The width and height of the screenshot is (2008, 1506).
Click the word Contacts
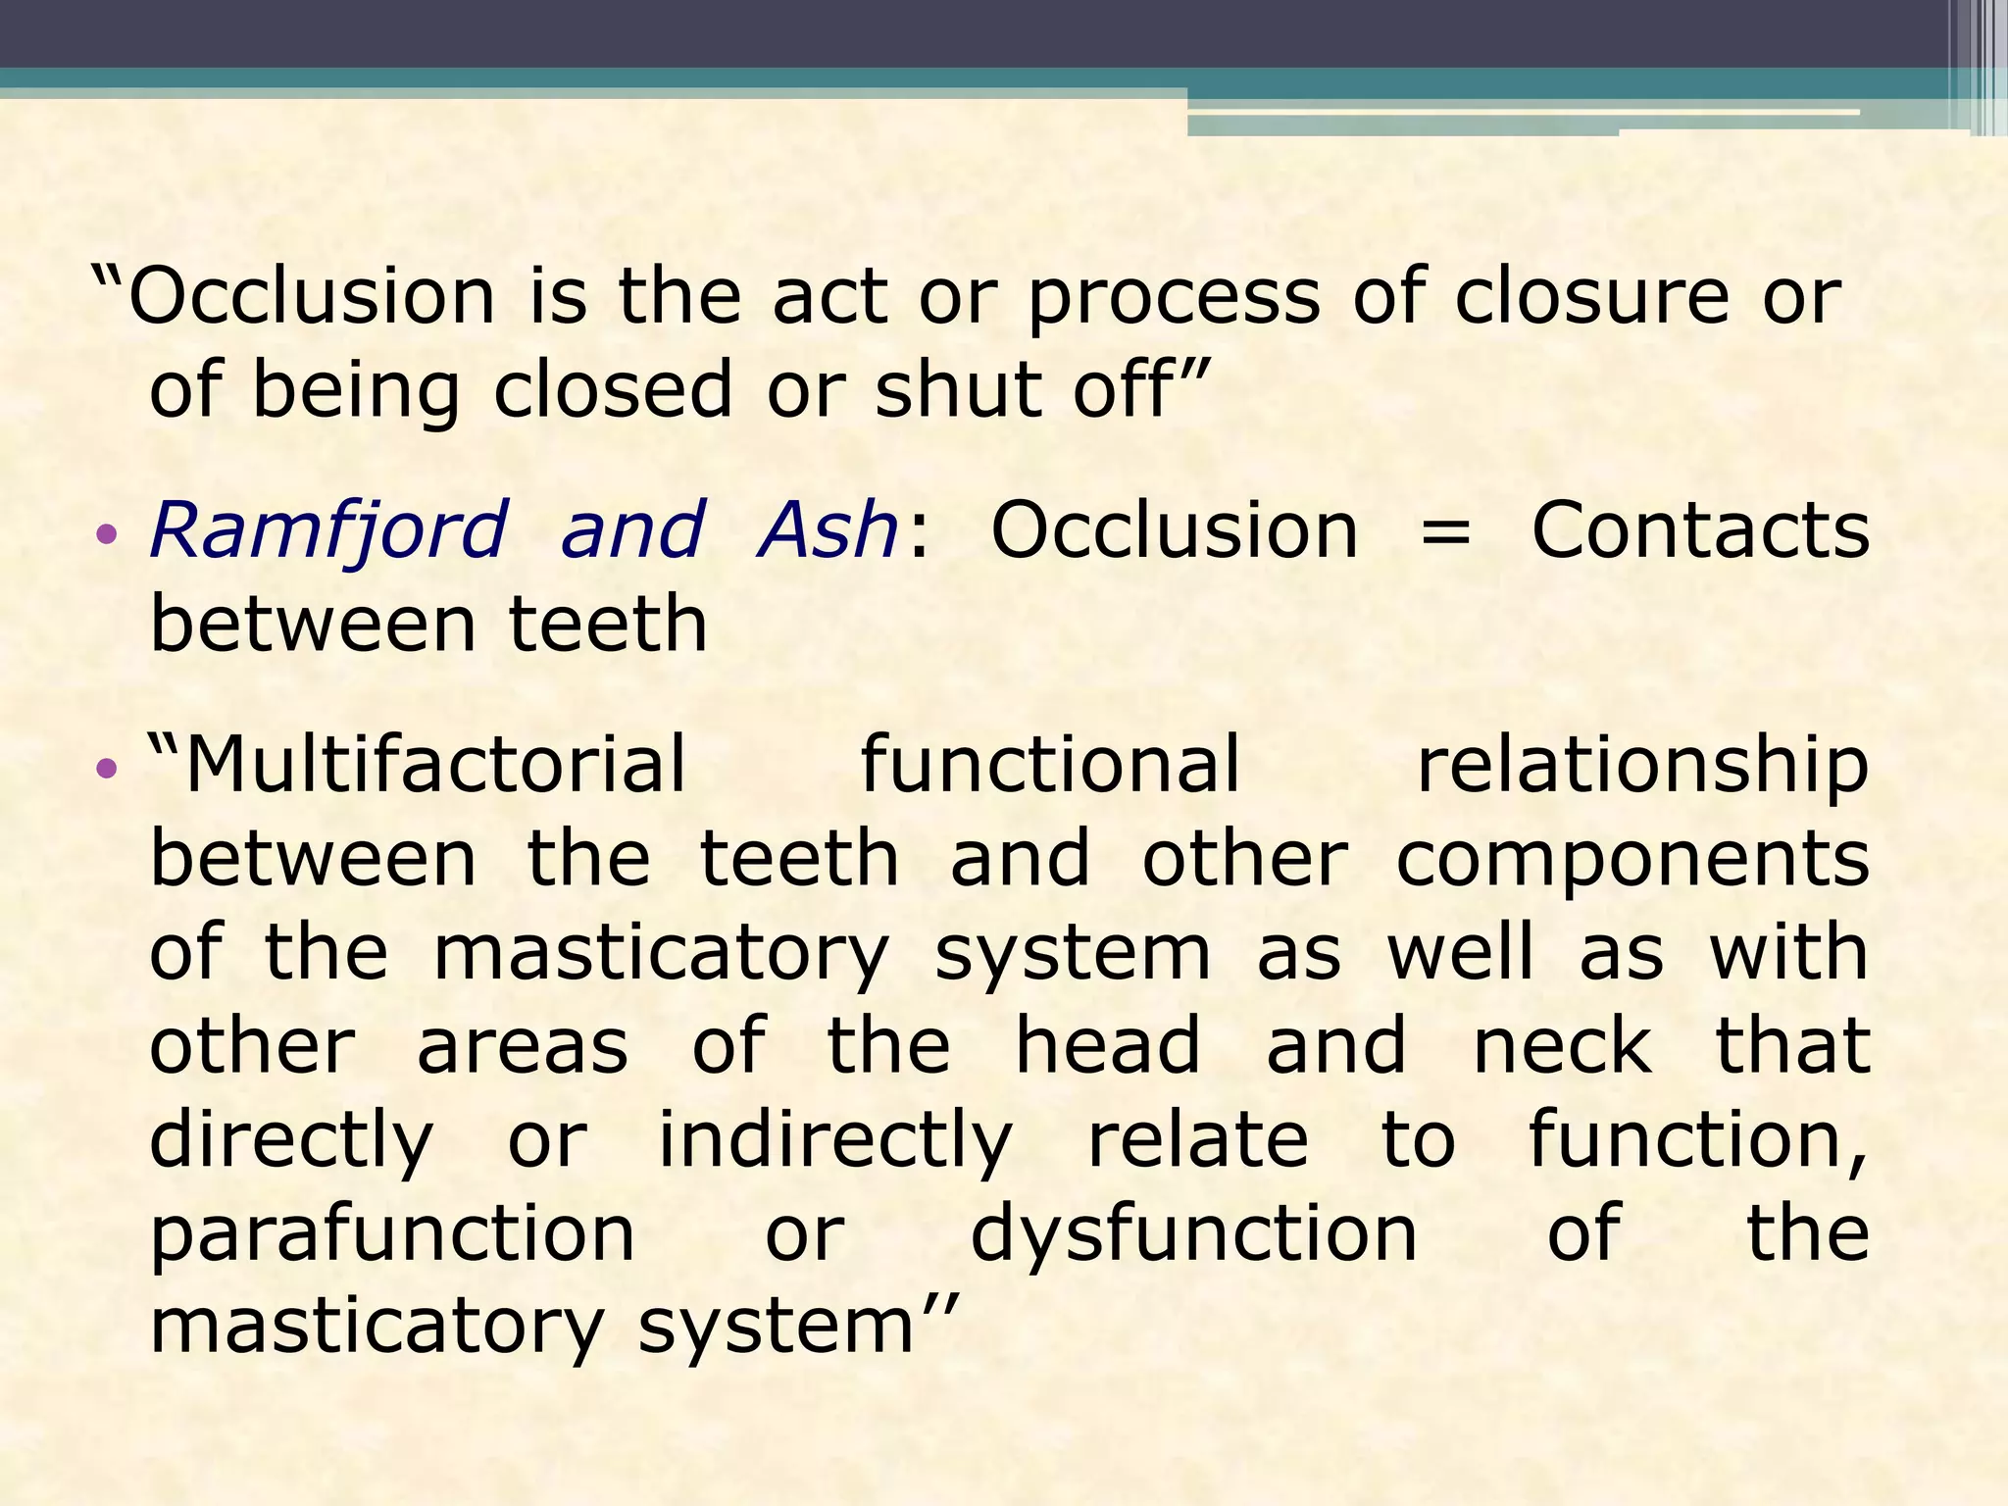tap(1700, 530)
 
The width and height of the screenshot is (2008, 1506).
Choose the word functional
tap(1050, 765)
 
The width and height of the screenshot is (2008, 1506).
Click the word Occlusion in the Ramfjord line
tap(1175, 530)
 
